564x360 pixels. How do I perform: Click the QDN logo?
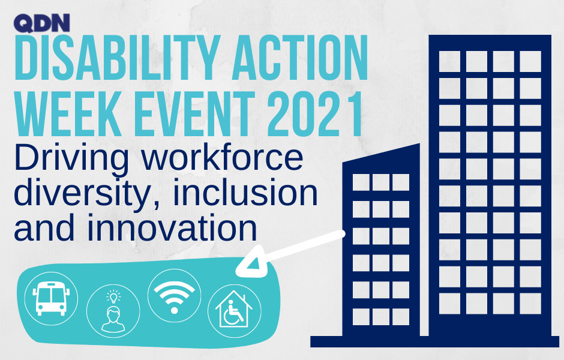click(x=42, y=23)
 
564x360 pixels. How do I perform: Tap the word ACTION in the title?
click(x=300, y=58)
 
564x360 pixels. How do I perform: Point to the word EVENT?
click(x=194, y=113)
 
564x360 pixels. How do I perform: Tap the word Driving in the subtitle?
click(x=71, y=158)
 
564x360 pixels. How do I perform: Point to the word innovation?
click(x=172, y=227)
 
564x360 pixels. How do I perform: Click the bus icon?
click(x=51, y=299)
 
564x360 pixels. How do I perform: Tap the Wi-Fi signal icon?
click(x=175, y=296)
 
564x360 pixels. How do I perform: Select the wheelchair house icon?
click(x=235, y=311)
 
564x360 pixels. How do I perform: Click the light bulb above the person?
click(x=113, y=296)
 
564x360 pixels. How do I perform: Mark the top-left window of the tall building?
click(x=449, y=61)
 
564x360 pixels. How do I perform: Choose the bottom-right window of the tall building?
click(x=530, y=304)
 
